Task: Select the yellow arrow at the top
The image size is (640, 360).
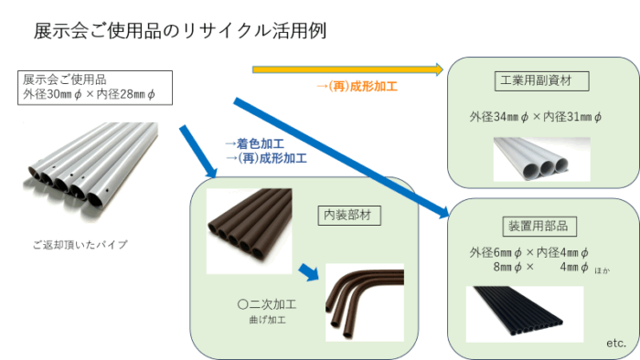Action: click(347, 69)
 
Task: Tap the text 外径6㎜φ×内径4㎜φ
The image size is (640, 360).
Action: click(529, 251)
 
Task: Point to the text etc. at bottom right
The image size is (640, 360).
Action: click(616, 343)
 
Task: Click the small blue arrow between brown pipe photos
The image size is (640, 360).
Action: click(308, 271)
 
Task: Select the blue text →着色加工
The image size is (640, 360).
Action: click(254, 143)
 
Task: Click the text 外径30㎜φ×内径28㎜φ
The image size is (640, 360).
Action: click(90, 94)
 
